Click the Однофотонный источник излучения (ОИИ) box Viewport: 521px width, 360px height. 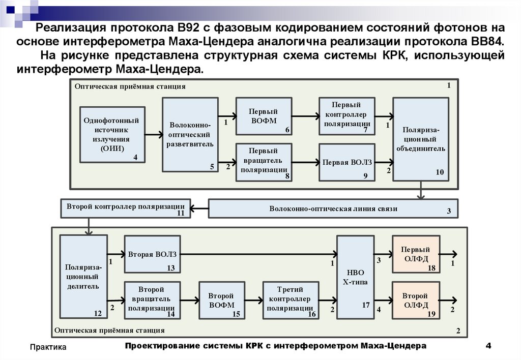(112, 134)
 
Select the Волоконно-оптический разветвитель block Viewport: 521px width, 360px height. (190, 134)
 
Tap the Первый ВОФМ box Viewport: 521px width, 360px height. (264, 116)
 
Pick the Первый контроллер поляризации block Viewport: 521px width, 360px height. (346, 116)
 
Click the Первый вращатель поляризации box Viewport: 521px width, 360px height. (264, 162)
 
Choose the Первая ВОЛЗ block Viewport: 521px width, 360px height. (346, 162)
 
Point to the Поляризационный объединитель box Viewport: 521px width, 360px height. (421, 139)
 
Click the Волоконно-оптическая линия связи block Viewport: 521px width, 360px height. (333, 208)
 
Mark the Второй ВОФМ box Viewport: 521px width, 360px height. (221, 300)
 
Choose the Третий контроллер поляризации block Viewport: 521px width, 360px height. (290, 300)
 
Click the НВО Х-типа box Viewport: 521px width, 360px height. (355, 277)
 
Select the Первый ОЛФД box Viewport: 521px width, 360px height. (416, 254)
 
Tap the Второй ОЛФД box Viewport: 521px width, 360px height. (416, 300)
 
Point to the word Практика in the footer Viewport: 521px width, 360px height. (48, 347)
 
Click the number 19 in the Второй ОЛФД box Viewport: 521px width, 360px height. (431, 314)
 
